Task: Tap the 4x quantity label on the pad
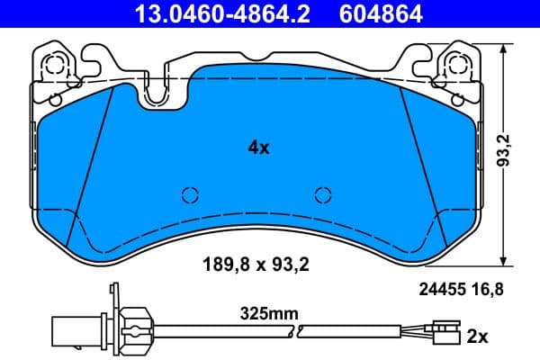[258, 148]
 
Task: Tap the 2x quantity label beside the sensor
[476, 337]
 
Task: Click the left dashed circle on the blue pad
[189, 194]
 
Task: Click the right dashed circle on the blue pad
[322, 194]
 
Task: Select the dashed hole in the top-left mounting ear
[53, 63]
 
